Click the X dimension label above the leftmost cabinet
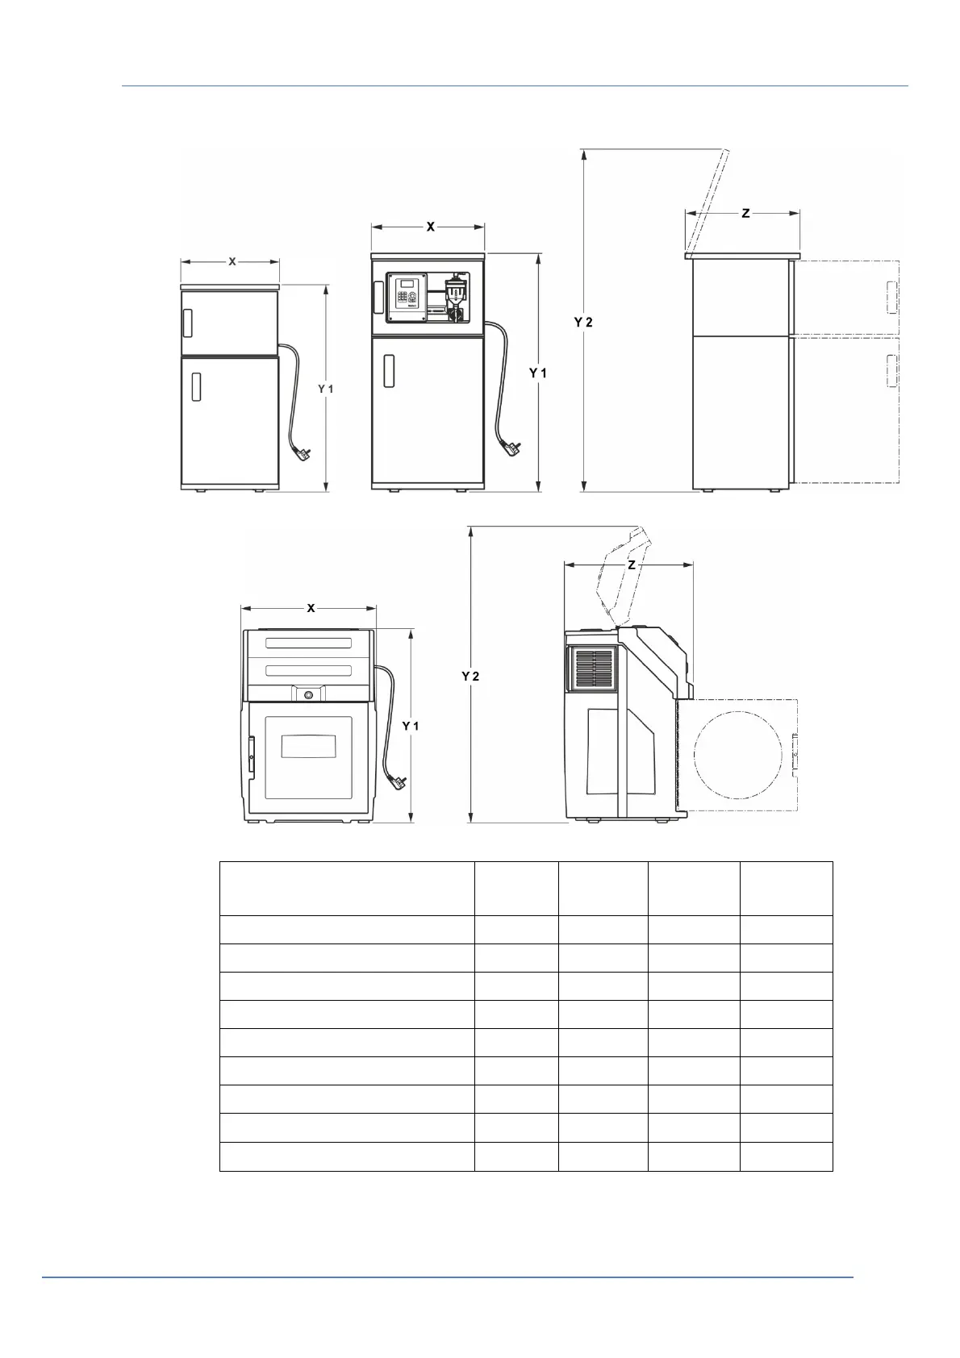pos(232,262)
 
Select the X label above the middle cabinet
pos(430,227)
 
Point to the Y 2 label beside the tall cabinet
pos(583,322)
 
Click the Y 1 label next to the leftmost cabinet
pos(325,389)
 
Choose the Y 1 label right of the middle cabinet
pos(537,373)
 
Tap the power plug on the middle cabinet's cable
pos(511,444)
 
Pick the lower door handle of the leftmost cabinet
pos(195,385)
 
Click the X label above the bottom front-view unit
pos(311,608)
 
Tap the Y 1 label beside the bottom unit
pos(411,727)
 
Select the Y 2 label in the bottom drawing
pos(470,676)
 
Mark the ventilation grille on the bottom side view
pos(594,669)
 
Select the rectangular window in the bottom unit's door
pos(308,744)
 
